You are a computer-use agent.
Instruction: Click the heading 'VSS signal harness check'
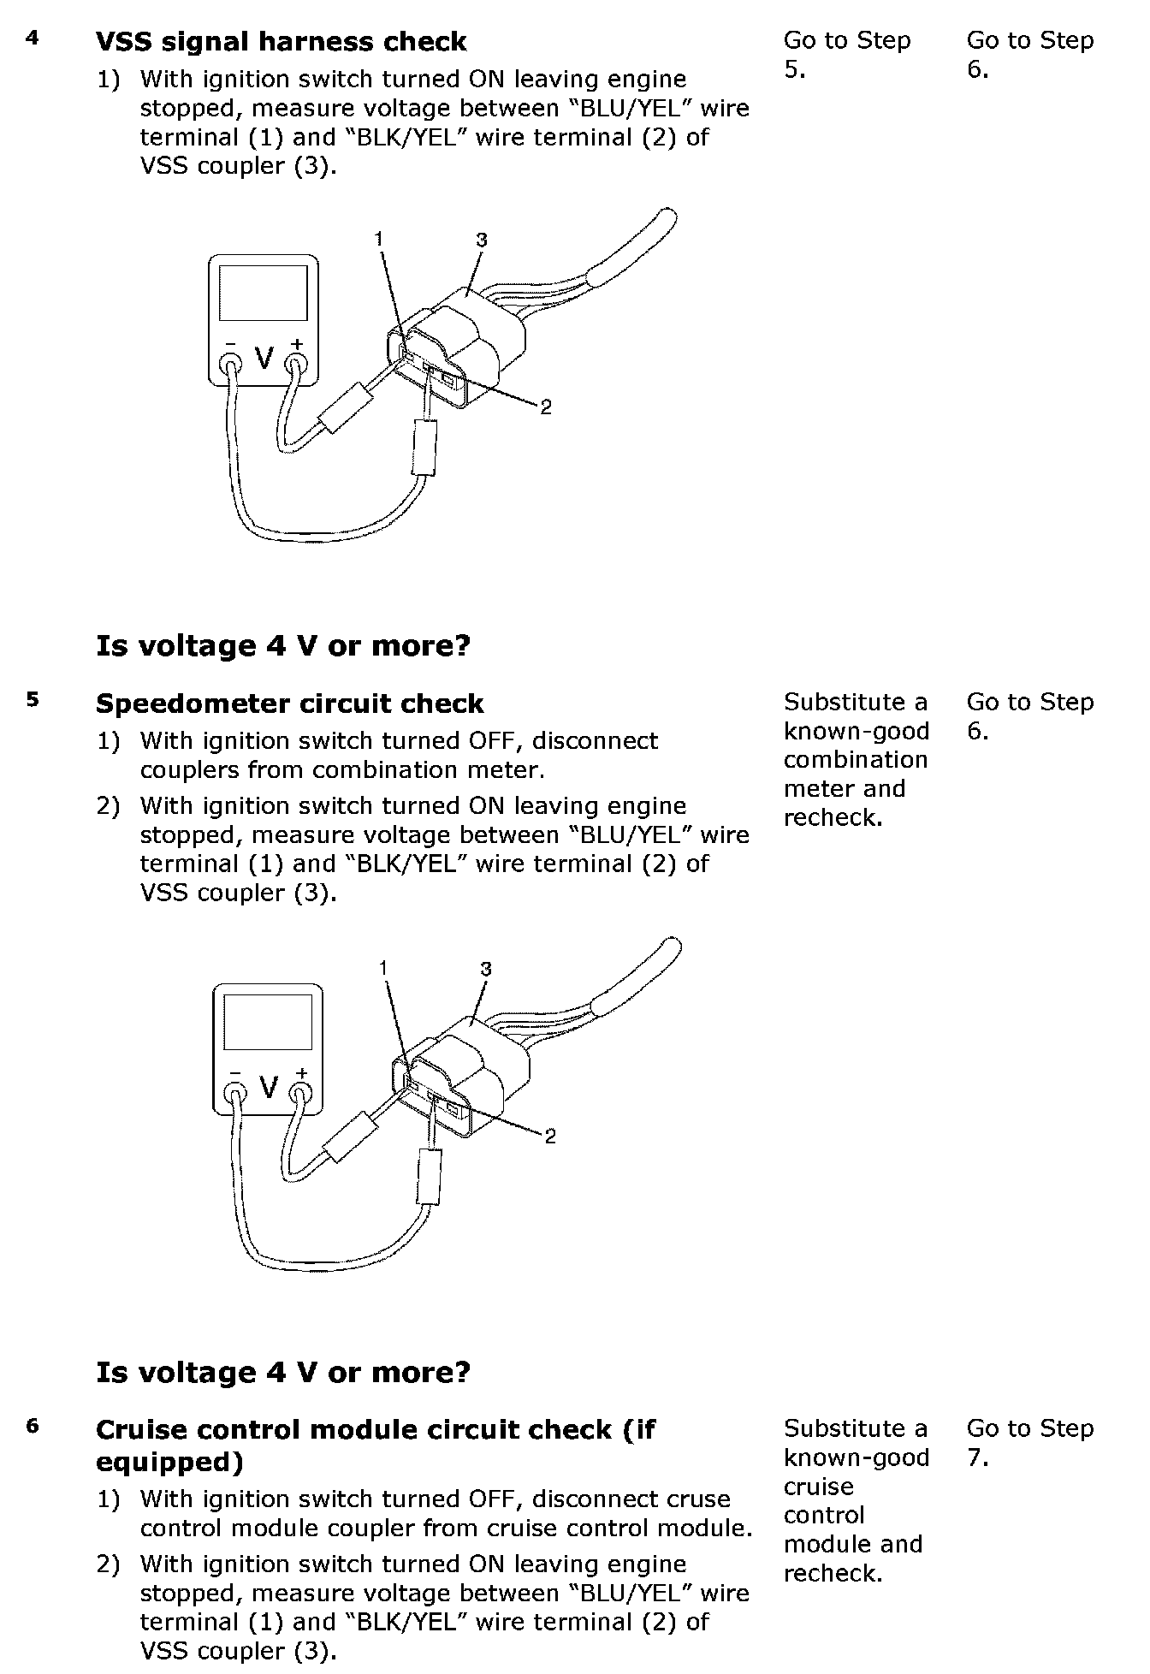coord(281,42)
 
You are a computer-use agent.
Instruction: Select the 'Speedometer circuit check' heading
coord(289,703)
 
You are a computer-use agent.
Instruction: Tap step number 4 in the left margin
coord(33,38)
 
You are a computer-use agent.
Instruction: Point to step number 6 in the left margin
coord(33,1426)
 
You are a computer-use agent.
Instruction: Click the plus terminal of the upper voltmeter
coord(296,364)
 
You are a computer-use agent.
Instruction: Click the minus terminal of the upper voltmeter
coord(231,365)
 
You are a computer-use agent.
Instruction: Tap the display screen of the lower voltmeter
coord(267,1024)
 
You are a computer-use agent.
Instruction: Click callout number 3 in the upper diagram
coord(482,240)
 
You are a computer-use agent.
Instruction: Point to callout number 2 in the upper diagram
coord(546,407)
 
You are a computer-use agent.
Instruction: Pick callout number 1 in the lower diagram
coord(384,968)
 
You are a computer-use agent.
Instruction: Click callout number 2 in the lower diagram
coord(550,1136)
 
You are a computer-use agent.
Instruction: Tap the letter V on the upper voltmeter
coord(264,358)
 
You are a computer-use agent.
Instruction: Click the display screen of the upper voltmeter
coord(264,292)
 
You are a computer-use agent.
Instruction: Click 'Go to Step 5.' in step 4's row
coord(846,54)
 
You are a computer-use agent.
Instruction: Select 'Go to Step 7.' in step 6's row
coord(1029,1442)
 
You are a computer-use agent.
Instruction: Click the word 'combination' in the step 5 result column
coord(855,760)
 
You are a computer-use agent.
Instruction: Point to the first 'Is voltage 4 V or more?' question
coord(283,645)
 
